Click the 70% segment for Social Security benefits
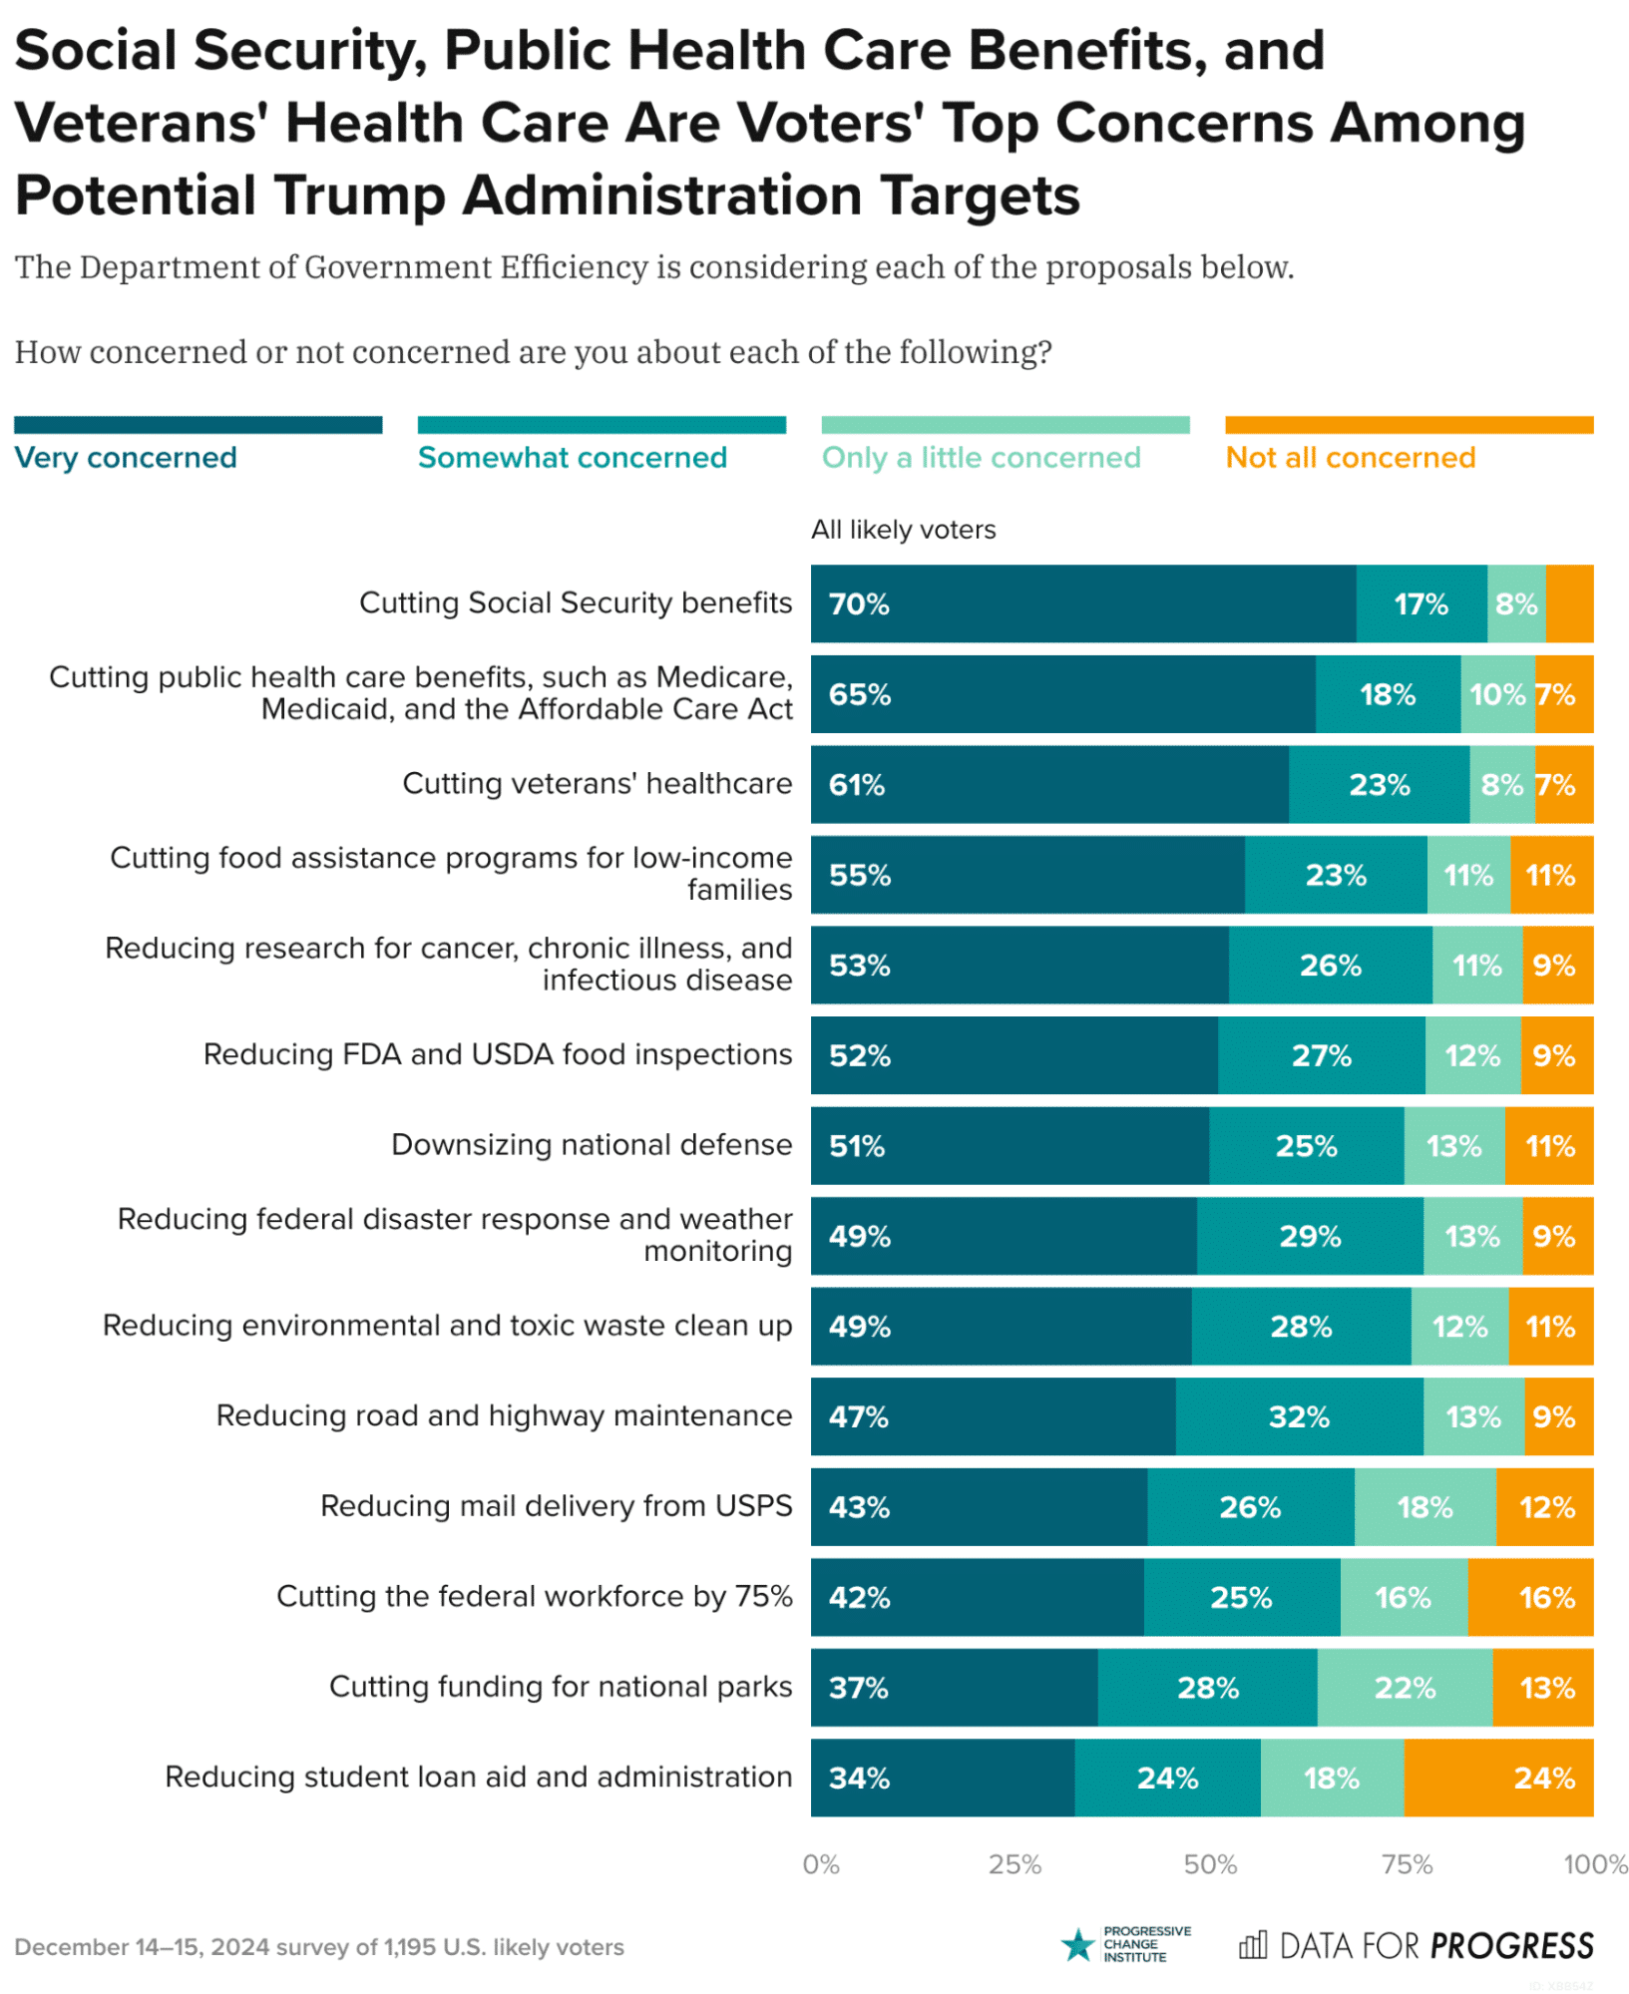click(1082, 603)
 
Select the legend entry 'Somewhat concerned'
click(572, 457)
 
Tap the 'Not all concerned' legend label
click(1350, 457)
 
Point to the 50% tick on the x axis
click(1209, 1864)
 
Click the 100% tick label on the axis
click(1594, 1864)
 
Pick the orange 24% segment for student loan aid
click(1497, 1778)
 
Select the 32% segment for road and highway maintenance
click(1299, 1416)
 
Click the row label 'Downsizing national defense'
click(592, 1144)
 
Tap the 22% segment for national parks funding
click(1405, 1688)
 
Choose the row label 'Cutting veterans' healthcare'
click(597, 783)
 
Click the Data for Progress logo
click(1416, 1946)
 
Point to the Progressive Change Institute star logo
click(1077, 1945)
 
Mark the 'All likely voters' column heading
click(903, 530)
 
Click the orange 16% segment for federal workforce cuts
click(1530, 1597)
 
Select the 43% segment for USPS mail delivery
click(979, 1506)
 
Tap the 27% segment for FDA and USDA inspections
click(1321, 1055)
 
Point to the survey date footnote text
click(318, 1947)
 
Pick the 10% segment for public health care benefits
click(1497, 694)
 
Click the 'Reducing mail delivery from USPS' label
click(556, 1505)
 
